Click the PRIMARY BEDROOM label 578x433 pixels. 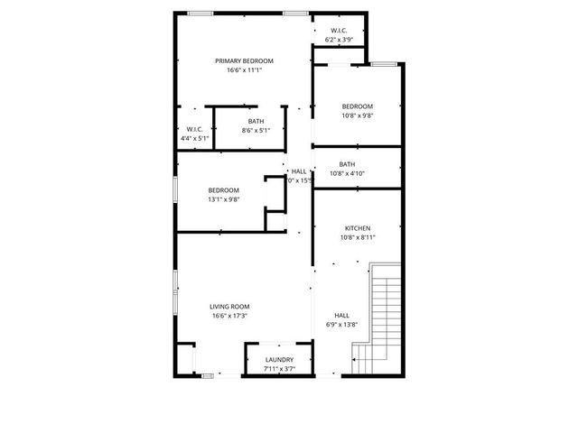[244, 60]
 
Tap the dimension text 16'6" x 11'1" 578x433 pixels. [244, 70]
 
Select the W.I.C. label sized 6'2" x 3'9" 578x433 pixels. [340, 31]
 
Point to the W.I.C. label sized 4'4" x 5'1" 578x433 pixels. [195, 130]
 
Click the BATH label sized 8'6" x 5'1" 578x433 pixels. [256, 121]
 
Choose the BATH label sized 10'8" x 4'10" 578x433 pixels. [347, 163]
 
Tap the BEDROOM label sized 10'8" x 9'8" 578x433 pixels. [358, 106]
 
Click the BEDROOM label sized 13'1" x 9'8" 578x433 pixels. [223, 189]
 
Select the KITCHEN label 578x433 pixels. [358, 228]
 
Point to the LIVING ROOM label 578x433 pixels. [230, 306]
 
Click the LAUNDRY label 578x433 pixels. [279, 359]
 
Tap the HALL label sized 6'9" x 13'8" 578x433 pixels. [341, 315]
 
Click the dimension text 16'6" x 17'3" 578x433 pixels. [230, 316]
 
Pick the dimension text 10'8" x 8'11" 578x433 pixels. [358, 238]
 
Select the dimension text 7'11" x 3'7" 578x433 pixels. [279, 369]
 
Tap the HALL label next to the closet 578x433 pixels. [298, 170]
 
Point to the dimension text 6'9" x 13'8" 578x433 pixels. [341, 325]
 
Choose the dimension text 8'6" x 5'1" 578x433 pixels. [256, 131]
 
